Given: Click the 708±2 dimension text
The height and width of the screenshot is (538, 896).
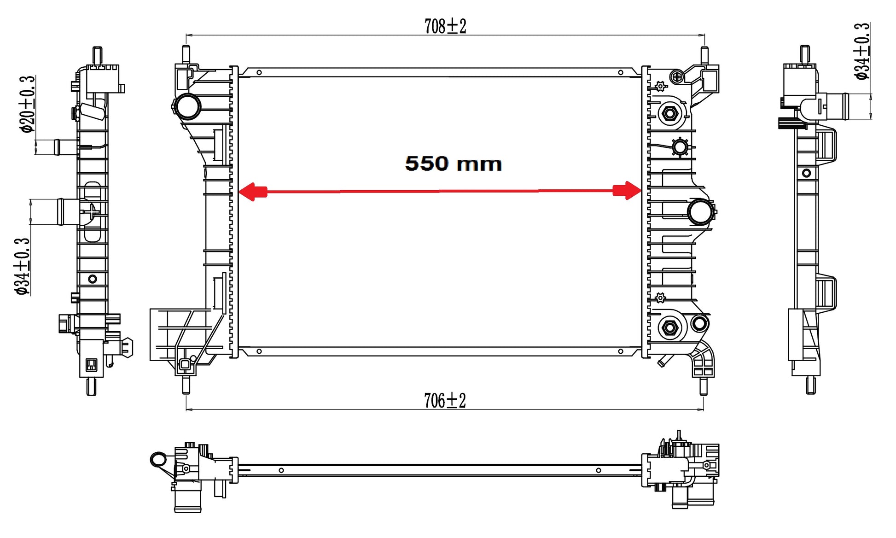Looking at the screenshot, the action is click(x=445, y=26).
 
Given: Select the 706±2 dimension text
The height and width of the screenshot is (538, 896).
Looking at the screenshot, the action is click(x=445, y=401).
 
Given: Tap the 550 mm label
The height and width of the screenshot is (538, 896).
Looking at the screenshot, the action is click(x=453, y=164).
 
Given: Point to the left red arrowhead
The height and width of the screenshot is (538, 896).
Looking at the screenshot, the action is click(x=252, y=192).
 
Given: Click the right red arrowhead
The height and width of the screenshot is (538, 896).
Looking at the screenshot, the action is click(x=627, y=191).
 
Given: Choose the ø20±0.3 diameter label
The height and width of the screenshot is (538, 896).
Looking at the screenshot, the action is click(x=27, y=104).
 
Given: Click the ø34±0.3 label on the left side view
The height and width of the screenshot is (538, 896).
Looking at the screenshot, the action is click(x=22, y=267).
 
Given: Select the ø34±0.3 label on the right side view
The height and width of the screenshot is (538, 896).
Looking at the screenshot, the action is click(x=862, y=51).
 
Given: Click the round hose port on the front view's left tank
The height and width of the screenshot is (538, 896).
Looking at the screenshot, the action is click(x=187, y=106).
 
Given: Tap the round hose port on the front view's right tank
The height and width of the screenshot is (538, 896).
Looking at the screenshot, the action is click(x=701, y=212).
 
